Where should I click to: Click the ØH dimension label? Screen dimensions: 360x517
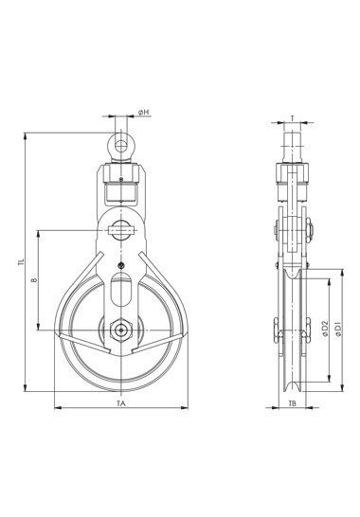pyautogui.click(x=144, y=113)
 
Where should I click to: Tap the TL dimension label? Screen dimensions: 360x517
pyautogui.click(x=22, y=262)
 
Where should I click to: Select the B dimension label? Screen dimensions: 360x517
pyautogui.click(x=34, y=280)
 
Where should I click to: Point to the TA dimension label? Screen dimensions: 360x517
pyautogui.click(x=121, y=403)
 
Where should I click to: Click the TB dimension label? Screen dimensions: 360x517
pyautogui.click(x=293, y=403)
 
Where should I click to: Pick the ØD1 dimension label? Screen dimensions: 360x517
pyautogui.click(x=338, y=330)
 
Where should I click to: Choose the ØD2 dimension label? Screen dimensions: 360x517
pyautogui.click(x=325, y=329)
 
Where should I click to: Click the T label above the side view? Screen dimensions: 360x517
pyautogui.click(x=292, y=117)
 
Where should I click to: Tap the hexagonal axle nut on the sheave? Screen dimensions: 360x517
pyautogui.click(x=121, y=330)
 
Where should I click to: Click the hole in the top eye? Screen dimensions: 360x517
pyautogui.click(x=121, y=146)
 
